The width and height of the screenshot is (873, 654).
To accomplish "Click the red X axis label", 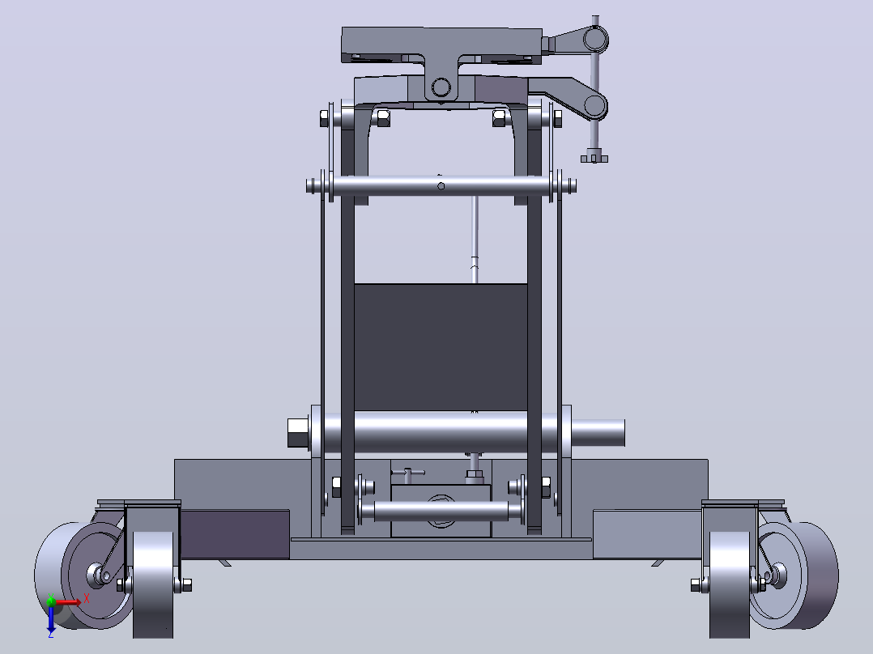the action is click(87, 599).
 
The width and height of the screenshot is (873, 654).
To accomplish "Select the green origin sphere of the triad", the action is click(51, 601).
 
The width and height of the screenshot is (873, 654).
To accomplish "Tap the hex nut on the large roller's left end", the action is click(299, 433).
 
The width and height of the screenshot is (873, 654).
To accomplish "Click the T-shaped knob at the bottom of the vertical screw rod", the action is click(594, 159).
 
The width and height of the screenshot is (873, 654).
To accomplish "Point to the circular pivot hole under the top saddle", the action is click(441, 87).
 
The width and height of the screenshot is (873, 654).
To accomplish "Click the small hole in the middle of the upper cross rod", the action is click(441, 186).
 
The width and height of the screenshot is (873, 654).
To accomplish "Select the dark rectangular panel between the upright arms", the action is click(441, 347).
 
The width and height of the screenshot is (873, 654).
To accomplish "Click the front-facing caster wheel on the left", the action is click(153, 584).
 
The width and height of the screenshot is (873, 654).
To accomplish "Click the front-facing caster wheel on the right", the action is click(730, 584).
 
